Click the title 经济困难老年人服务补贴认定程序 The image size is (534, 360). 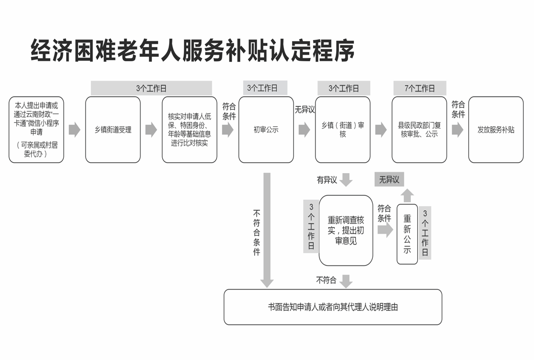(193, 51)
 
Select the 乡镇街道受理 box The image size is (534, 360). (113, 130)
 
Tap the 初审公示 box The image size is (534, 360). (266, 130)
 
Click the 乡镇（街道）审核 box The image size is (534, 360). (343, 130)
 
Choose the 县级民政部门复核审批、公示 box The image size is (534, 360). (419, 130)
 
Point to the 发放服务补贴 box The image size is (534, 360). (496, 130)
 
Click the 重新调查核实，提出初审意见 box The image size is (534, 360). (346, 230)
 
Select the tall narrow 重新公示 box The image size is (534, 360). (407, 234)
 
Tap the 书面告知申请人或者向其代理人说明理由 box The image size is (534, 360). (333, 307)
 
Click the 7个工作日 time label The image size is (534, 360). (420, 88)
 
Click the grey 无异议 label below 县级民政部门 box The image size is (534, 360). (389, 180)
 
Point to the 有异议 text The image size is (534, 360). (327, 180)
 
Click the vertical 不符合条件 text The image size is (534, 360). (257, 232)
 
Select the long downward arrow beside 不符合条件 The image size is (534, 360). (267, 230)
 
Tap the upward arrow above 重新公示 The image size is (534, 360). (407, 196)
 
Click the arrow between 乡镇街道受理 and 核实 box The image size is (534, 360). (151, 130)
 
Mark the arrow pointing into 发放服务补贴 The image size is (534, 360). (458, 130)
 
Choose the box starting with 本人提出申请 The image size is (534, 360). (36, 130)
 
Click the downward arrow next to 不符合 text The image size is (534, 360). (346, 281)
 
